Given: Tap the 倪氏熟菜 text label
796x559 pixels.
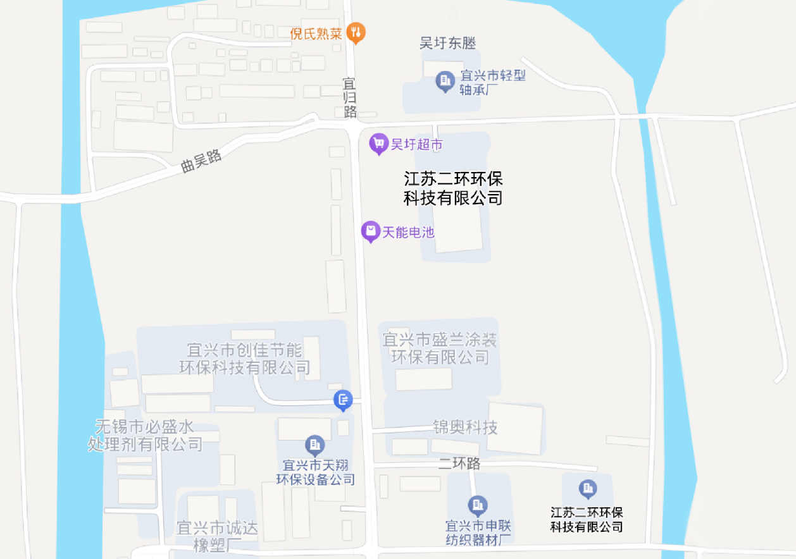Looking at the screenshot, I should pos(316,34).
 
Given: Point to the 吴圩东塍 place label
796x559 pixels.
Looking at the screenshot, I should pos(447,43).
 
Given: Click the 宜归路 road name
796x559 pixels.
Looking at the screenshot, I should pos(349,97).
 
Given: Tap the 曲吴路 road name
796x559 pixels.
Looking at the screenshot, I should pos(201,161).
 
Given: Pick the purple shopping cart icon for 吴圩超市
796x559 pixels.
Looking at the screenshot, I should pos(378,144).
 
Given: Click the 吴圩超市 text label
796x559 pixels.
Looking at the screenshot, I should pos(416,145).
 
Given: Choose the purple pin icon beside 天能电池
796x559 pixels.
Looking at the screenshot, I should pos(370,231).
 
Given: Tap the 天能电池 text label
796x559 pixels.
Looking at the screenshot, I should pos(408,232).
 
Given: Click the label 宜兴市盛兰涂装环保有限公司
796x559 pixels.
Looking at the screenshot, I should pos(440,348).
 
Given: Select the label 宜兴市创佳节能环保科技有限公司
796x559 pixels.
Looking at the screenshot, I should pos(245,358).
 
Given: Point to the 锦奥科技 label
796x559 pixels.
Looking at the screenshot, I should pos(465,427).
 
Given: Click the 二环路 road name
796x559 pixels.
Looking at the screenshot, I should pos(459,464).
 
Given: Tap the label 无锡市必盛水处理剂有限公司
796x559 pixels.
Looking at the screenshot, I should pos(145,434).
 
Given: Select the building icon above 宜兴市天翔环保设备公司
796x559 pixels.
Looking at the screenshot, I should pos(314,444).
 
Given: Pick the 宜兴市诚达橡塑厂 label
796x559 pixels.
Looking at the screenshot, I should pos(217,536).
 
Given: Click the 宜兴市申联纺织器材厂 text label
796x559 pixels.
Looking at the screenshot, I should pos(478,532).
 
